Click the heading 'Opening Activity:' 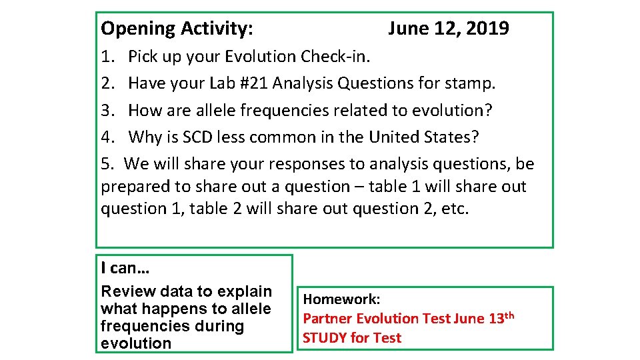(177, 29)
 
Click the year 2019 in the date (488, 29)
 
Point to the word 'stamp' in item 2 (471, 83)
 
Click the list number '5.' (108, 164)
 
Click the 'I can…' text (125, 268)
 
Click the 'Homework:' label (341, 300)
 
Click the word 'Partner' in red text (327, 319)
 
